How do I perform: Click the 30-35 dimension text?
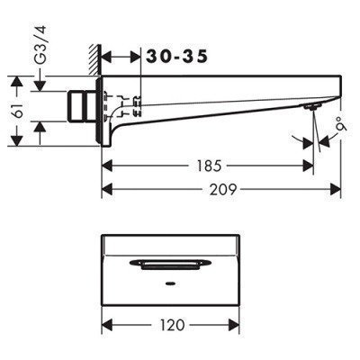coord(176,57)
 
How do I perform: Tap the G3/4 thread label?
coord(40,45)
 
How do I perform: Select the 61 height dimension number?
coord(18,111)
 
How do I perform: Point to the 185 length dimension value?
coord(210,166)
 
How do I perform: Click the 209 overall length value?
coord(223,189)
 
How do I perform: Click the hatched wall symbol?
coord(95,59)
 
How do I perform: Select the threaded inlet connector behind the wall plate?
coord(81,106)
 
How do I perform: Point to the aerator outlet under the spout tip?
coord(311,106)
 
